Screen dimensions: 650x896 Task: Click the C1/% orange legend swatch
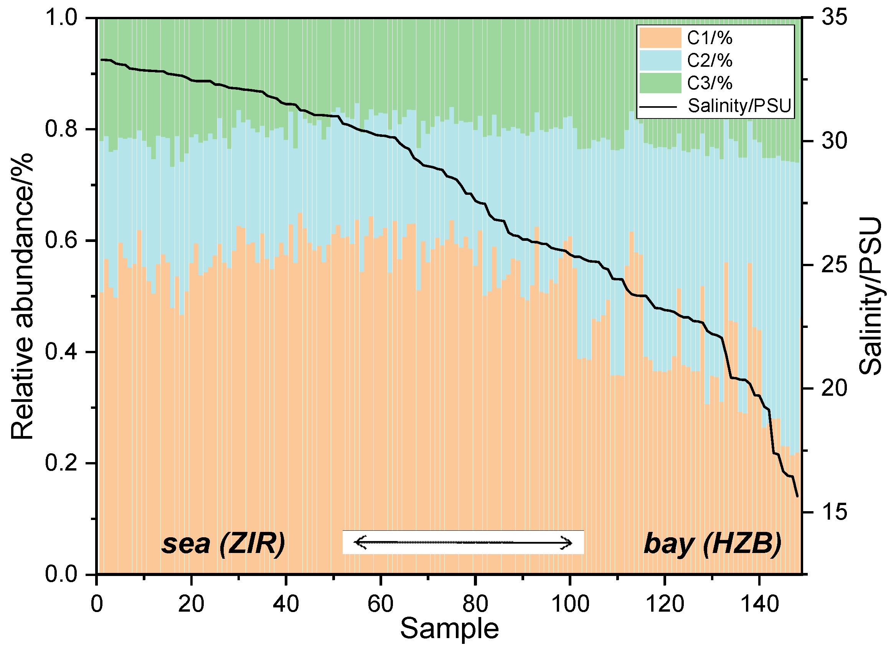tap(660, 38)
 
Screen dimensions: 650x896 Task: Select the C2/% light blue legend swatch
tap(660, 61)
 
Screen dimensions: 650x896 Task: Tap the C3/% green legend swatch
tap(660, 83)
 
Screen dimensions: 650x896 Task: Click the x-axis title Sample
tap(449, 629)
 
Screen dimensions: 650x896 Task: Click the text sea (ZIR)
tap(223, 544)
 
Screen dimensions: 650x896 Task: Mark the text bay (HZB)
tap(713, 544)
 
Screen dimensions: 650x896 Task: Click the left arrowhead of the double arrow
tap(358, 542)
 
